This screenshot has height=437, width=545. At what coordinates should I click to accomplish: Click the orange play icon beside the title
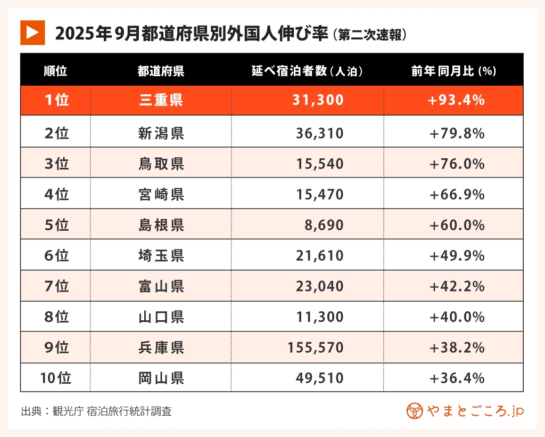(32, 33)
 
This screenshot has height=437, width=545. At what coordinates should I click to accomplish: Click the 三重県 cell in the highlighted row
(161, 100)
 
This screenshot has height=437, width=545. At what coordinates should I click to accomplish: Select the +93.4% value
(457, 100)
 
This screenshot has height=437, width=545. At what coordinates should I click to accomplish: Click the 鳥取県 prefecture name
(161, 164)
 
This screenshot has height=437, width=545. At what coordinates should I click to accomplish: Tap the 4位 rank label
(56, 195)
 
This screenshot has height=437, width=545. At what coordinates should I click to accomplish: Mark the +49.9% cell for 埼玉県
(457, 256)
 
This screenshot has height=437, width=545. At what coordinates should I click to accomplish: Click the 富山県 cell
(161, 286)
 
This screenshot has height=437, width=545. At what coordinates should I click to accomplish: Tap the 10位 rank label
(55, 378)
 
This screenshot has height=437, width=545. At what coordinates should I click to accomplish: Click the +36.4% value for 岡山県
(457, 378)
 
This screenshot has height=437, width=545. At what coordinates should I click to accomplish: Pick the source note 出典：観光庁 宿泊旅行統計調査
(96, 411)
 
